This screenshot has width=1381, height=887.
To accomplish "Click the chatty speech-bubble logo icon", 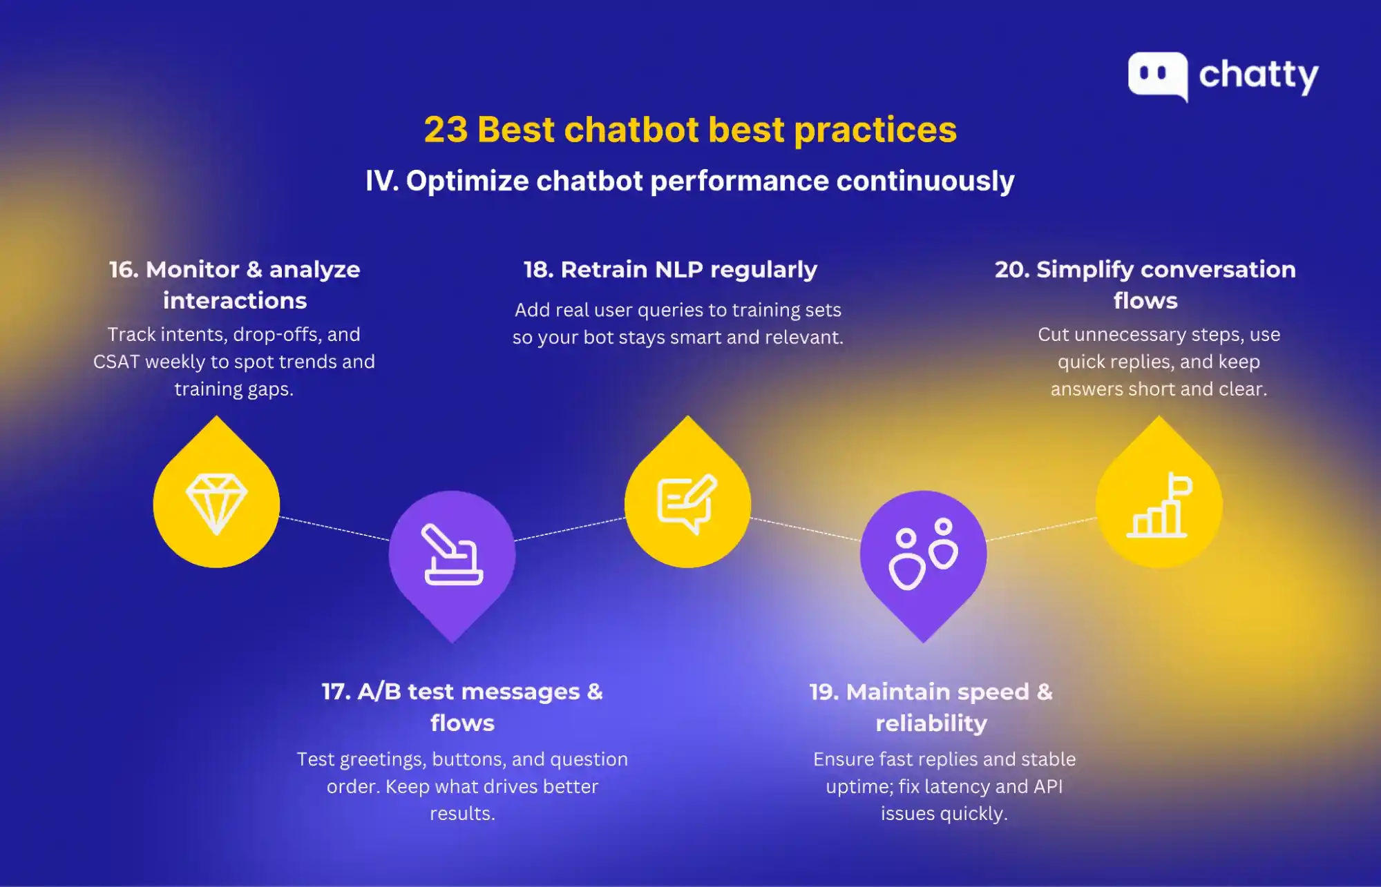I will pos(1158,75).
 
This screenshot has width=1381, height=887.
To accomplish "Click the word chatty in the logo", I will pos(1258,75).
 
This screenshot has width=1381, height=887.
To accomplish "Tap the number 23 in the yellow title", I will pos(446,130).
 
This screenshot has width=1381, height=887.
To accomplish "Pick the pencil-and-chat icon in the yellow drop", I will pos(687,503).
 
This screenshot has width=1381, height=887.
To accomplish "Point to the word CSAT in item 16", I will pos(116,362).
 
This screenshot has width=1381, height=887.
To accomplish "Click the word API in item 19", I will pos(1048,786).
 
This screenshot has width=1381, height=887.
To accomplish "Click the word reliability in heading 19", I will pos(931,723).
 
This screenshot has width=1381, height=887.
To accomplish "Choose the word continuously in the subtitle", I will pos(925,181).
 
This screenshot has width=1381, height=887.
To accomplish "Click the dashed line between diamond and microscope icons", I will pos(334,528).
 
